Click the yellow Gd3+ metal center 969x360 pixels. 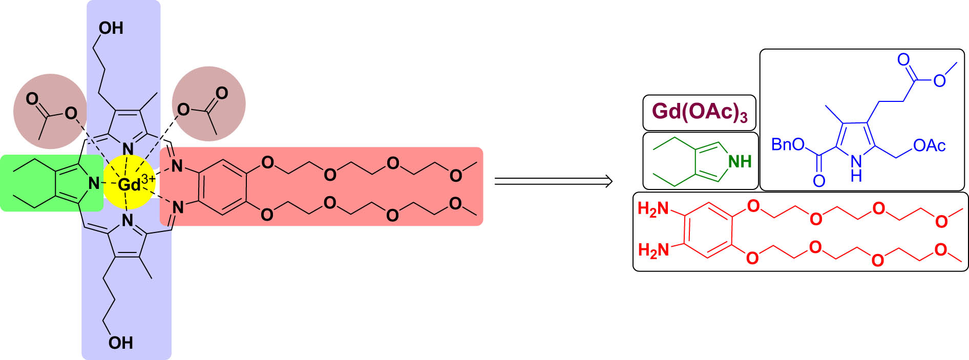tap(129, 183)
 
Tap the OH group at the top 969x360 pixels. tap(111, 28)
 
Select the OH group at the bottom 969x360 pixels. tap(120, 343)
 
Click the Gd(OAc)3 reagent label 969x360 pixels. tap(700, 112)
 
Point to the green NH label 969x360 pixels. tap(740, 162)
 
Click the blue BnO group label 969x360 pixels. tap(788, 145)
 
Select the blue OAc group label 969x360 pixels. tap(929, 146)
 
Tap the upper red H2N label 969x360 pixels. tap(654, 209)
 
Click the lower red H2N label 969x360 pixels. tap(654, 250)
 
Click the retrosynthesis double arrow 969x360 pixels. tap(553, 181)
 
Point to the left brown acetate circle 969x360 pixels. tap(50, 111)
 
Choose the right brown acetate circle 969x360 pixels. tap(208, 103)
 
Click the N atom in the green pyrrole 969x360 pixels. tap(94, 183)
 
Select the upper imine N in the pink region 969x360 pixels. tap(177, 165)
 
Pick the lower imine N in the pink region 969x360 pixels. tap(178, 207)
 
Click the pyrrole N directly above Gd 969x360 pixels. tap(128, 149)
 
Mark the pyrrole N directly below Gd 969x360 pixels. tap(128, 221)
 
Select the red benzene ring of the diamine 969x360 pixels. tap(709, 230)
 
